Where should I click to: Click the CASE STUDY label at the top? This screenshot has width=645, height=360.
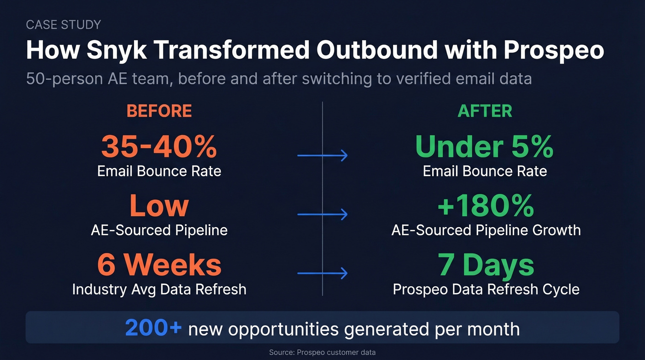click(64, 24)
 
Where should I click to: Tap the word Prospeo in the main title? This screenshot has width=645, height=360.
click(553, 50)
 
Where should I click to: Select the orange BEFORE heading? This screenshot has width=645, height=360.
click(159, 111)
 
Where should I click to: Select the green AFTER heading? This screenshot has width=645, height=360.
click(485, 111)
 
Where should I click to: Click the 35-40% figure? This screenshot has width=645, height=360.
click(159, 147)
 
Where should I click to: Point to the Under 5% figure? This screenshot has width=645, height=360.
click(485, 147)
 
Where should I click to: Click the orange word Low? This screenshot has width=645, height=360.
click(159, 206)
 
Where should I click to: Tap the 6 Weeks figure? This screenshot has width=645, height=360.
click(159, 265)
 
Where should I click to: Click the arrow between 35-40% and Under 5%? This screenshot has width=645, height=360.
click(322, 156)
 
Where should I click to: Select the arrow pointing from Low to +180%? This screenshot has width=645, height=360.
click(322, 214)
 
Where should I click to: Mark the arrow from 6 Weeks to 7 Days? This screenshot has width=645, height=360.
click(322, 274)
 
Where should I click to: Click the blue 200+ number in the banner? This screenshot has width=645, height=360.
click(153, 329)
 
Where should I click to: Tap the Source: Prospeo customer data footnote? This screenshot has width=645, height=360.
click(322, 352)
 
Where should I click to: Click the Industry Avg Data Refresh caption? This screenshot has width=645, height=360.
click(159, 289)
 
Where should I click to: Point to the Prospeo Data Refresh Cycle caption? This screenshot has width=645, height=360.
click(486, 289)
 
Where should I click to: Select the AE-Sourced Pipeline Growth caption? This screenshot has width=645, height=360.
click(486, 230)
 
